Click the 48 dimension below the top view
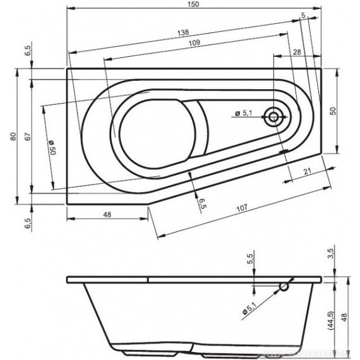(x=107, y=214)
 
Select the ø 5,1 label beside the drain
(x=244, y=113)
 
